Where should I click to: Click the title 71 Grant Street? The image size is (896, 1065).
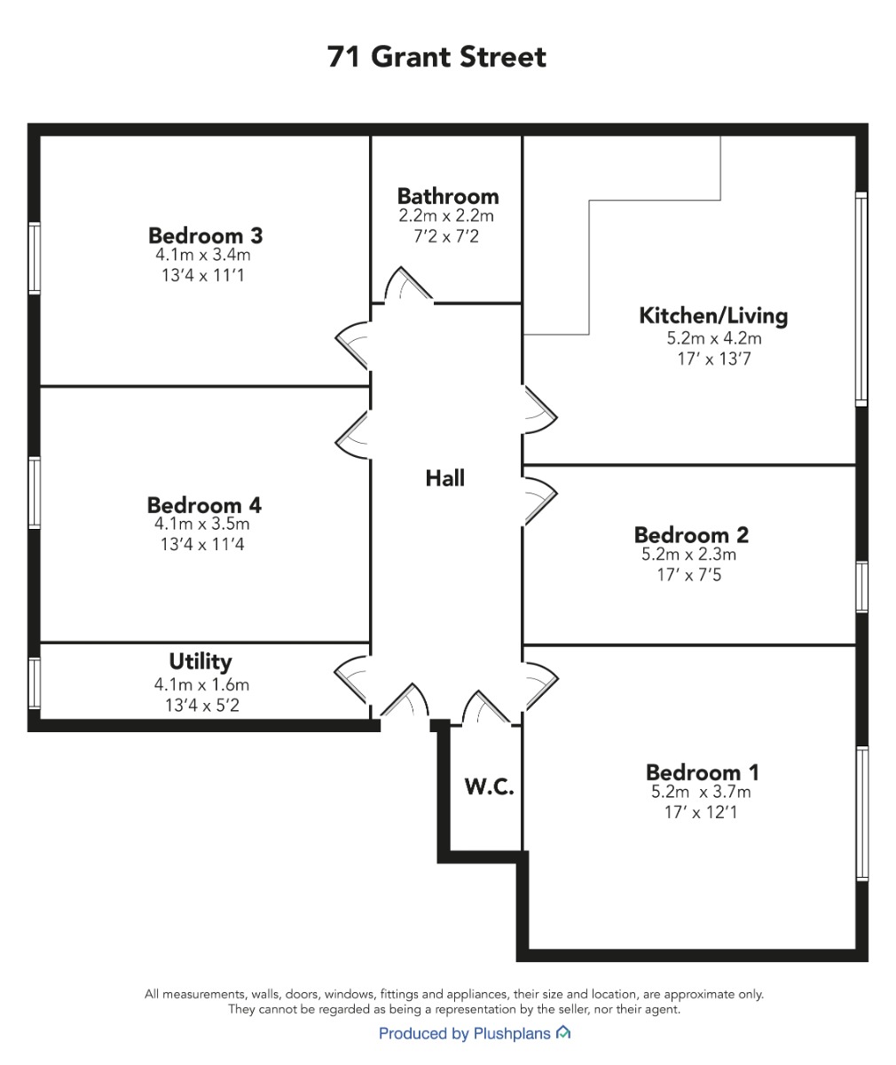click(x=436, y=57)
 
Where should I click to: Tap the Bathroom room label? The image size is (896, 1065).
click(x=448, y=196)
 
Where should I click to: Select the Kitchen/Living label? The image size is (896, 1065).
click(x=713, y=316)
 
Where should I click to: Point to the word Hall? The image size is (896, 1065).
click(x=444, y=478)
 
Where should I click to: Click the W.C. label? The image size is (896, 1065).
click(x=489, y=787)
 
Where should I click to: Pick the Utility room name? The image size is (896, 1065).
click(x=200, y=662)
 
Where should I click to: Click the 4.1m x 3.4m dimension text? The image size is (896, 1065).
click(x=203, y=255)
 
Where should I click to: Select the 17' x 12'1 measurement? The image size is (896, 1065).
click(x=700, y=812)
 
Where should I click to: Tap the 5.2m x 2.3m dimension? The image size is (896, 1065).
click(x=688, y=555)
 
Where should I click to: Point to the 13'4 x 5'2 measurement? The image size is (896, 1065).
click(x=202, y=706)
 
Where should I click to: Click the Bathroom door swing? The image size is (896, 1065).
click(x=408, y=284)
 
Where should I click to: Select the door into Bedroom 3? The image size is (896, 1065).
click(x=352, y=346)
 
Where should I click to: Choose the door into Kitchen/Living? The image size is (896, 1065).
click(x=539, y=410)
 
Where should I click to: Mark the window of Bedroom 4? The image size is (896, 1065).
click(x=35, y=493)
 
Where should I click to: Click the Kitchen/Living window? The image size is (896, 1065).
click(x=861, y=299)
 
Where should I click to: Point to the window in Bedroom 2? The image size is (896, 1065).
click(x=861, y=587)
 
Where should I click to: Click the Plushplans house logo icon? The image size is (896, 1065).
click(x=563, y=1033)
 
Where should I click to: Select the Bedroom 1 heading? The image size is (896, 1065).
click(x=703, y=772)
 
